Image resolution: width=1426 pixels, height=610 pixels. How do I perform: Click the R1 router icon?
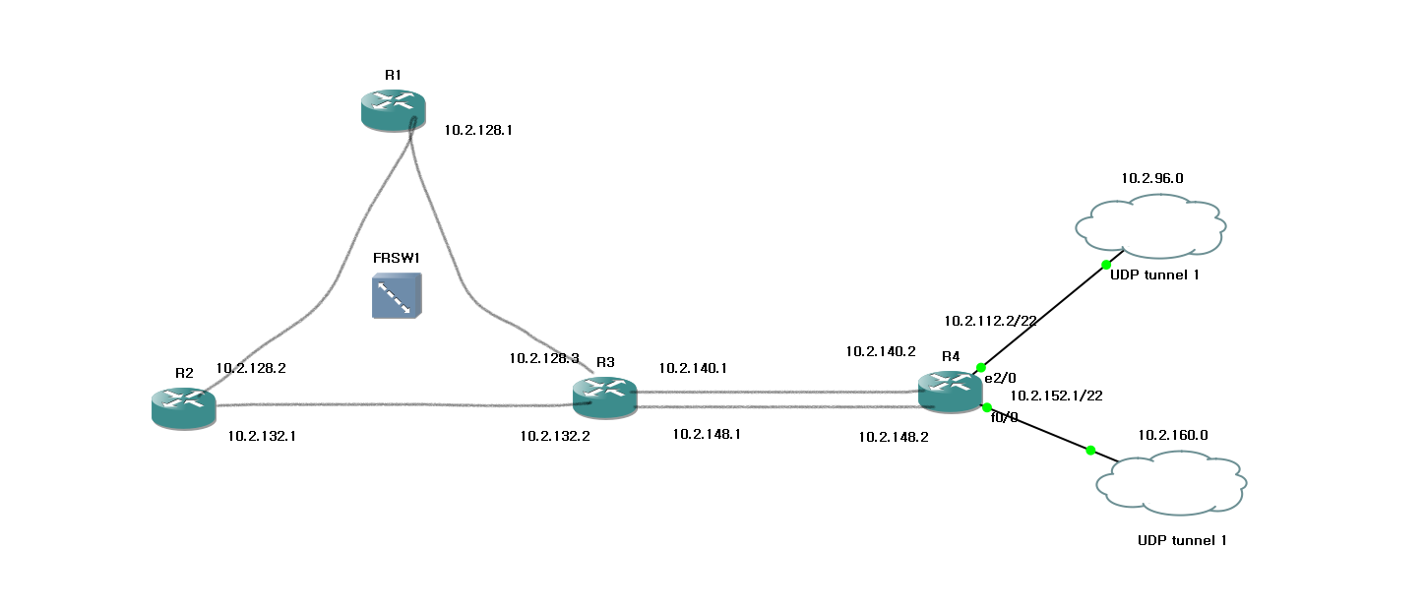(x=392, y=109)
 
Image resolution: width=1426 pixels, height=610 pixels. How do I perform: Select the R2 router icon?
(x=184, y=407)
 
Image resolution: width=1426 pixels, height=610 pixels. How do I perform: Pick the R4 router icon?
(x=950, y=391)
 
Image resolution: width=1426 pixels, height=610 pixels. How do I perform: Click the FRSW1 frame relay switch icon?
(x=397, y=296)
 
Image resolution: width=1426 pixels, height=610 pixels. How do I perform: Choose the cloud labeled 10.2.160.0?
(x=1171, y=483)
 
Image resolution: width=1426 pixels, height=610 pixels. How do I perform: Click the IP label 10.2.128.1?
(x=478, y=129)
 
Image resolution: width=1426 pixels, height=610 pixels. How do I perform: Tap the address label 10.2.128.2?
(x=250, y=368)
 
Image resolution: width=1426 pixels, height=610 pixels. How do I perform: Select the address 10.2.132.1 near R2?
(x=262, y=435)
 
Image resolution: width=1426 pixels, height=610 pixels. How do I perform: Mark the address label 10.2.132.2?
(x=555, y=435)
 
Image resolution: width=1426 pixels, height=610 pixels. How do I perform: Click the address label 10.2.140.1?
(x=693, y=368)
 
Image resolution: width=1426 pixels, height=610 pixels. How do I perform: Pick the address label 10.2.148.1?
(x=707, y=433)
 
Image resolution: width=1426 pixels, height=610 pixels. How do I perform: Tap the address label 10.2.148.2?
(x=894, y=436)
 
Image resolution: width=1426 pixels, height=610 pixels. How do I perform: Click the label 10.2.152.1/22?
(x=1056, y=396)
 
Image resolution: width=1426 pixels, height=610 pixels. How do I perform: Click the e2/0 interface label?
(x=1000, y=377)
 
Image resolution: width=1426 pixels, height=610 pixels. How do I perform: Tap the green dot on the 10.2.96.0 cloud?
(x=1106, y=265)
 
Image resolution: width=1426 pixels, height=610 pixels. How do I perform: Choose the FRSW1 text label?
(x=397, y=258)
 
